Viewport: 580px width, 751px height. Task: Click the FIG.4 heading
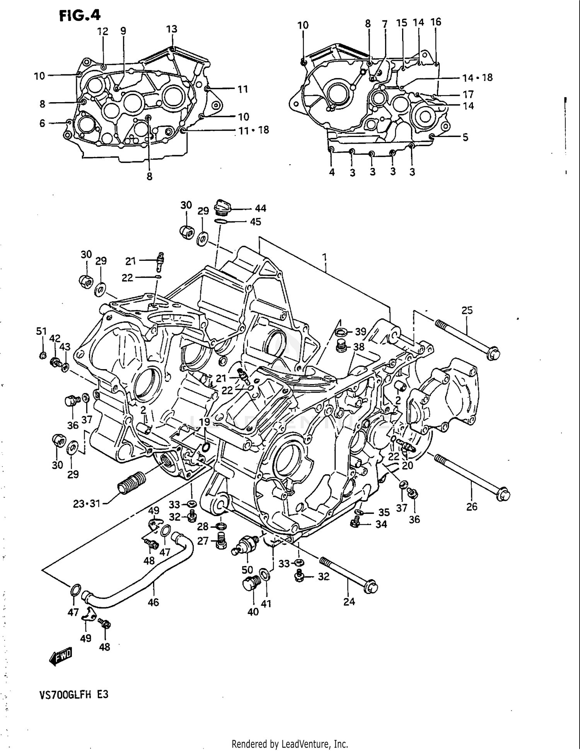pyautogui.click(x=79, y=15)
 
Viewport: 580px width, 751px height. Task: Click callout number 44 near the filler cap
pyautogui.click(x=260, y=208)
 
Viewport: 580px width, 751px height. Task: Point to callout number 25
pyautogui.click(x=467, y=310)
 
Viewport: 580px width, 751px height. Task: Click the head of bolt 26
pyautogui.click(x=503, y=495)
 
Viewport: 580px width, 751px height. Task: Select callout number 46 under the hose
pyautogui.click(x=153, y=602)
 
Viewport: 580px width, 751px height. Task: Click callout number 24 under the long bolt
pyautogui.click(x=349, y=601)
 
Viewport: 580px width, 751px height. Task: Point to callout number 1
pyautogui.click(x=325, y=257)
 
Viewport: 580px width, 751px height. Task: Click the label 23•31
pyautogui.click(x=87, y=503)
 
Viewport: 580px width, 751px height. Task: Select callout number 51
pyautogui.click(x=41, y=331)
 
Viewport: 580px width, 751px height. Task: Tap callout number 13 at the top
pyautogui.click(x=172, y=29)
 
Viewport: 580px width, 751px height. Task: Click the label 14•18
pyautogui.click(x=477, y=78)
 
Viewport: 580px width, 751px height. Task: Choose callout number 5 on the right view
pyautogui.click(x=465, y=137)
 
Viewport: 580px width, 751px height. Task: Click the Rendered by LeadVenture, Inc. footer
pyautogui.click(x=290, y=744)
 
